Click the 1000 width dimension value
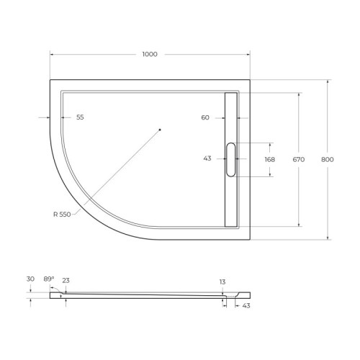[x=150, y=55]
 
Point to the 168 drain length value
[x=270, y=160]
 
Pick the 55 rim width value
[x=80, y=117]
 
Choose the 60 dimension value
[x=205, y=117]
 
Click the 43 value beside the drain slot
[x=207, y=159]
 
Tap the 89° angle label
[x=48, y=279]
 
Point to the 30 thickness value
[x=30, y=279]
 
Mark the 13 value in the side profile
[x=223, y=282]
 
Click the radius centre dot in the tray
[x=160, y=130]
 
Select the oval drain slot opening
[x=230, y=159]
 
